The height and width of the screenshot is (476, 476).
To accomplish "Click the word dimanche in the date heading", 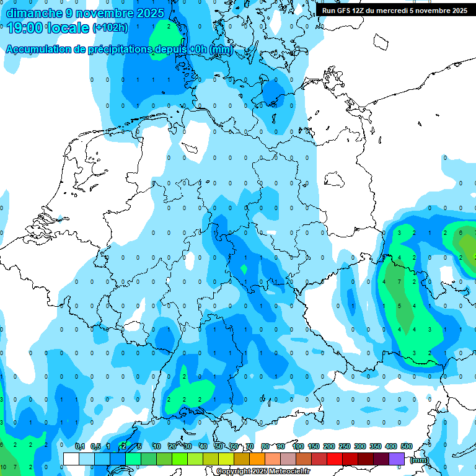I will pos(33,13).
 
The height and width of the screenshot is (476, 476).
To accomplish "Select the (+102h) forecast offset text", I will pos(110,28).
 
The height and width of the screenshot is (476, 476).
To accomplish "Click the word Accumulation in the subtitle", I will pos(38,50).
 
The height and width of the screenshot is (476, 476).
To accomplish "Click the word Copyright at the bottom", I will pos(233,472).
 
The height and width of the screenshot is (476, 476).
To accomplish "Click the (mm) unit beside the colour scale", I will pos(420,460).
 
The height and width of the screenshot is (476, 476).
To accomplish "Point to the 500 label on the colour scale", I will pos(407,446).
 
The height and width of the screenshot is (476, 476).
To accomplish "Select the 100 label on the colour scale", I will pos(298,446).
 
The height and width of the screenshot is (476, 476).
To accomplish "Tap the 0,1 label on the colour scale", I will pos(80,446).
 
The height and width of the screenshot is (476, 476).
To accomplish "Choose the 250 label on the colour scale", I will pos(345,446).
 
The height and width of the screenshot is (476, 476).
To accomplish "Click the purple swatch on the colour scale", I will pos(397,459).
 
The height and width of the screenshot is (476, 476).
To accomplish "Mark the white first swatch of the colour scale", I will pos(71,459).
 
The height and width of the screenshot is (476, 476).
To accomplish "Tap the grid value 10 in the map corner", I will pos(3,466).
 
